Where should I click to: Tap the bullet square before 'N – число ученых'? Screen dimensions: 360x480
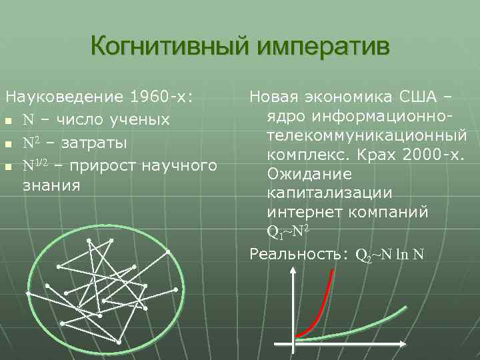point(8,121)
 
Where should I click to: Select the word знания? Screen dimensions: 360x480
point(51,185)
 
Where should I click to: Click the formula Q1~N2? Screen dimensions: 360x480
point(287,231)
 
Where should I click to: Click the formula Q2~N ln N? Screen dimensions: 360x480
point(390,255)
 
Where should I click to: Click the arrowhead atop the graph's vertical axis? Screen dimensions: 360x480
point(294,271)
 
